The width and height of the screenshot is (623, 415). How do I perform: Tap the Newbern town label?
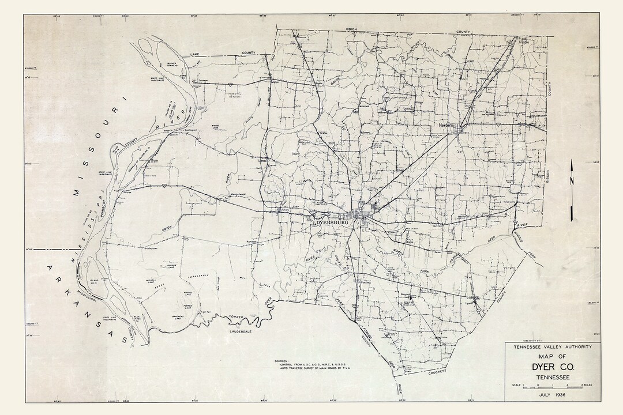pos(446,124)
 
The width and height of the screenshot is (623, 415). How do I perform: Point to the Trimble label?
pos(523,42)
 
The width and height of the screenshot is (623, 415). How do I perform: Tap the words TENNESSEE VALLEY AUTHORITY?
pos(552,348)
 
